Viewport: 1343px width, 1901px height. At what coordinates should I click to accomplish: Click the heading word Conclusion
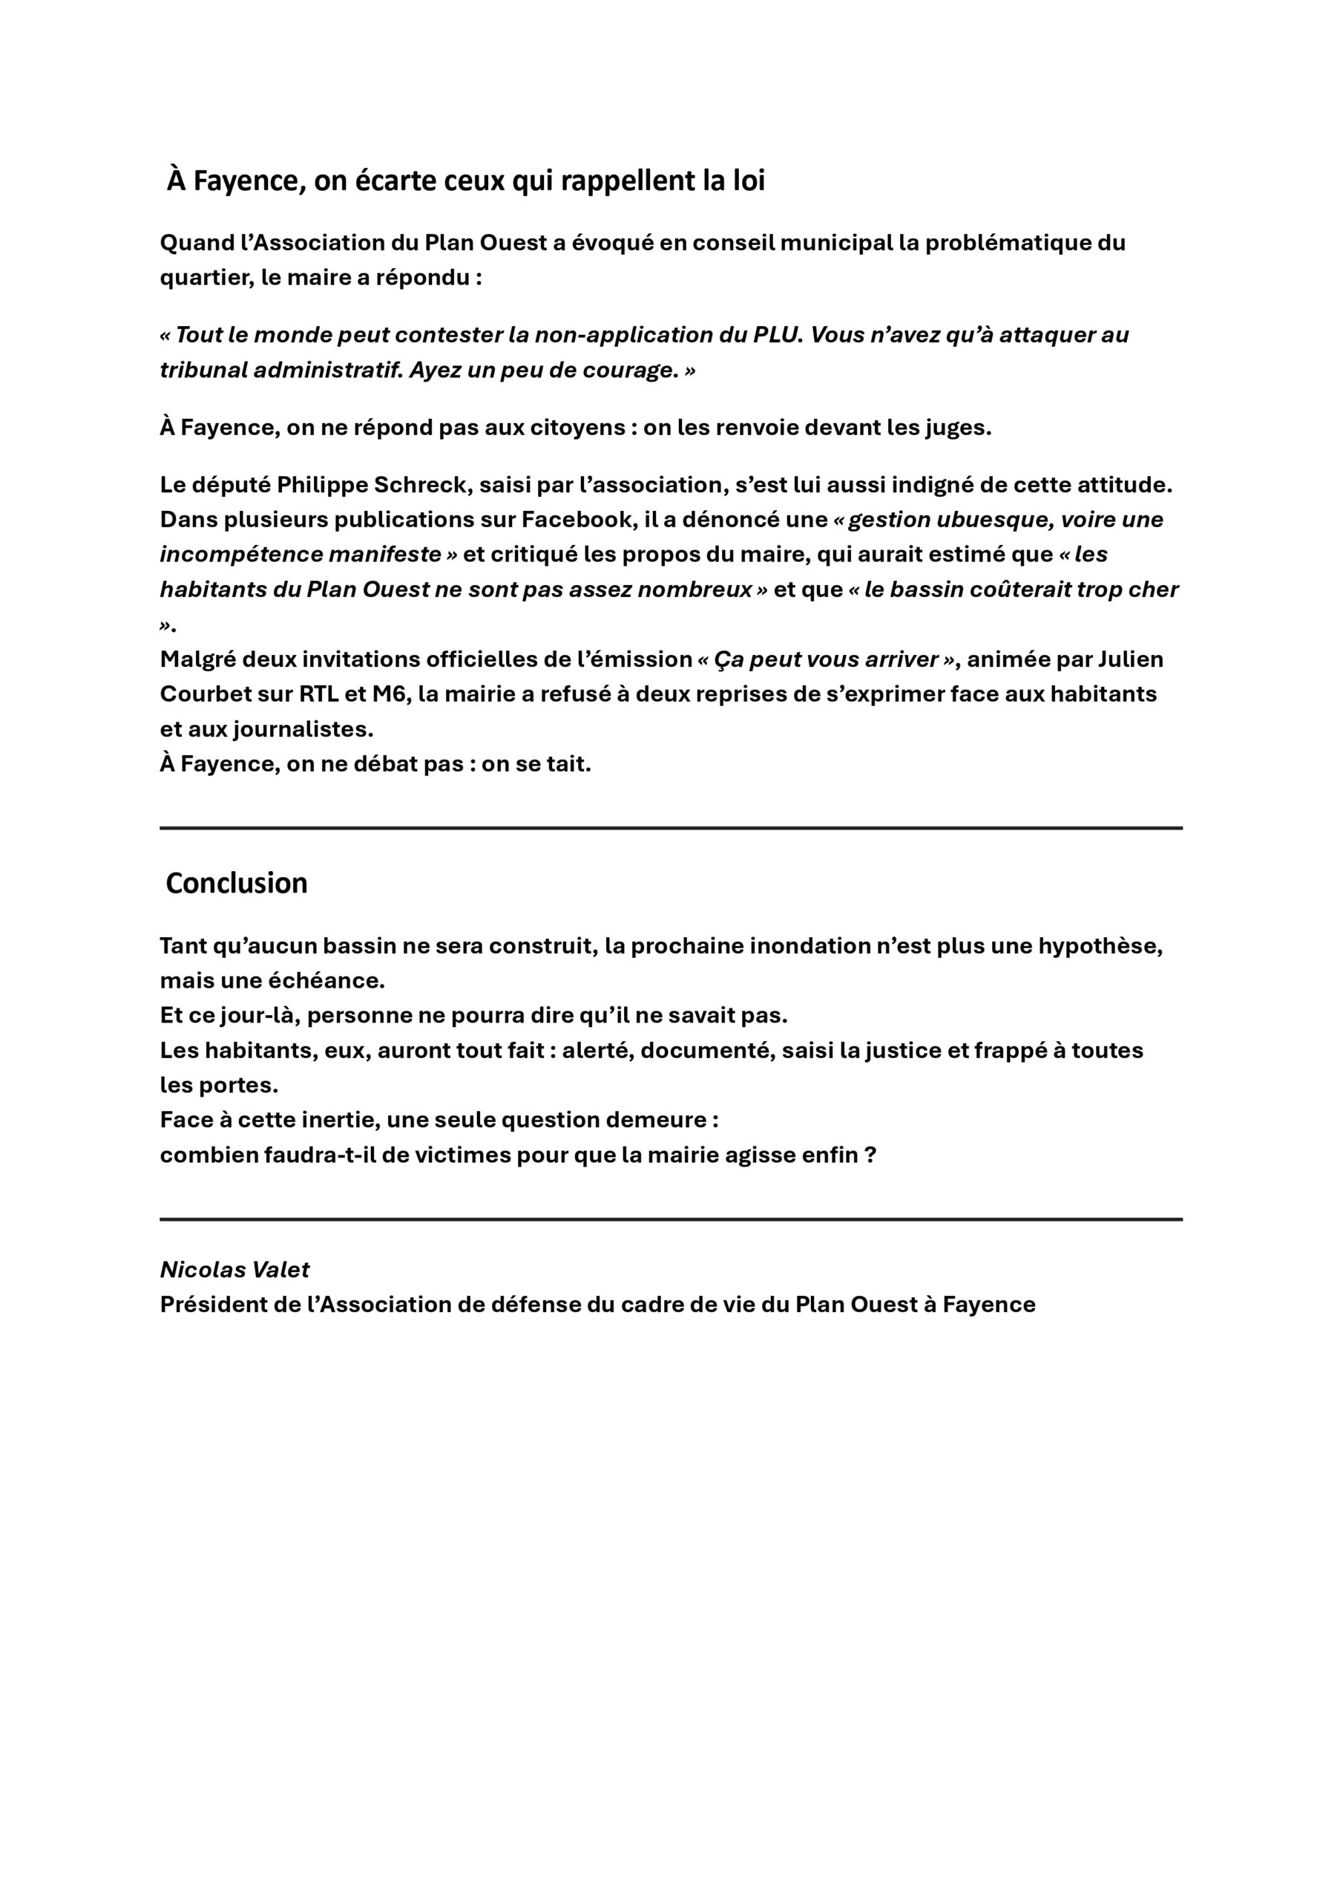tap(237, 884)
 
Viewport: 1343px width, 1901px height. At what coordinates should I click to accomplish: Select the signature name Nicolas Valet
tap(234, 1269)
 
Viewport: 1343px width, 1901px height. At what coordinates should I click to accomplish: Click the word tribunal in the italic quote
tap(203, 370)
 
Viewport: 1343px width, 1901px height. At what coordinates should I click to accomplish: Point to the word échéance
tap(335, 981)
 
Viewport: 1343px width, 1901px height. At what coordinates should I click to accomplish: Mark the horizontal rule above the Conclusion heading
tap(670, 827)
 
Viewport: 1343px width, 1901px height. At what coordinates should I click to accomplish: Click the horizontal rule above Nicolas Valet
tap(670, 1219)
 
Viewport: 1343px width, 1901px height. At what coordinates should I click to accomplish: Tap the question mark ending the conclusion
tap(870, 1155)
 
